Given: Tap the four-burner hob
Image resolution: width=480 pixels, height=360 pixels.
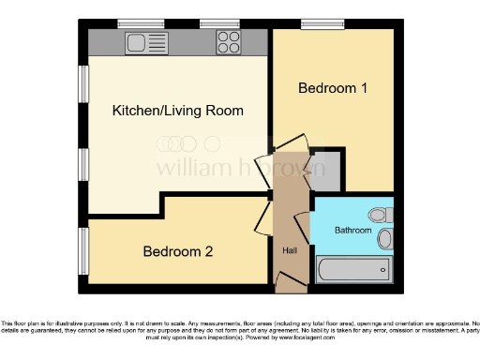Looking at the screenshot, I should click(228, 41).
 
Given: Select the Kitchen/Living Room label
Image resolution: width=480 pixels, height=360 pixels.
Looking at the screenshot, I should click(177, 111).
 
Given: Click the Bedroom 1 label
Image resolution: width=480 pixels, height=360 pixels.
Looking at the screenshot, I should click(332, 88).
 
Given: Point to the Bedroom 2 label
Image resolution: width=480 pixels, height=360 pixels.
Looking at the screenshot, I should click(177, 251).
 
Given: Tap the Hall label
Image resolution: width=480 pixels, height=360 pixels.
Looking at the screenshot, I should click(290, 250).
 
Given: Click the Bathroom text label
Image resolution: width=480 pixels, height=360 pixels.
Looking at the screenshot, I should click(353, 231).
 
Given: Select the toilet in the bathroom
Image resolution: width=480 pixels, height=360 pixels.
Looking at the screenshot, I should click(380, 214).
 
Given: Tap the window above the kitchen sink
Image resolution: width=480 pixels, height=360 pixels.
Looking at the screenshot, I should click(136, 22).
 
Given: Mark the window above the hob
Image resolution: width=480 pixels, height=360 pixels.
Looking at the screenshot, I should click(218, 22).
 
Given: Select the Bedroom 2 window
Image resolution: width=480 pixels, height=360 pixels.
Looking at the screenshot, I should click(83, 250).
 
